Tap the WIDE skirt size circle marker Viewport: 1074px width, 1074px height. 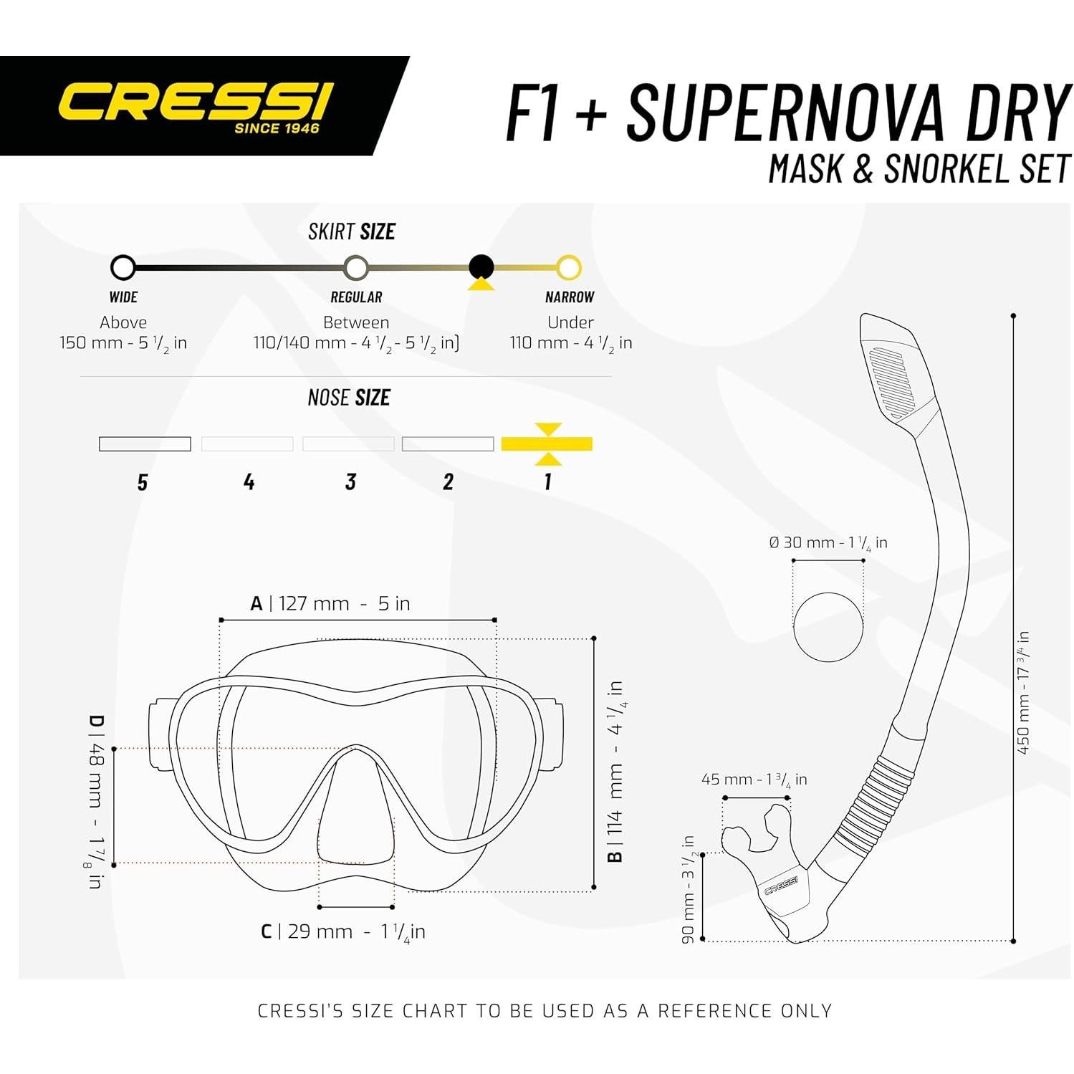(123, 268)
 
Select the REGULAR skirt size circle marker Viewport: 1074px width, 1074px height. (356, 269)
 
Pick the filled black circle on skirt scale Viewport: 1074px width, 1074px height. (481, 267)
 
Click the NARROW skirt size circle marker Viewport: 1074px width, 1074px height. (569, 268)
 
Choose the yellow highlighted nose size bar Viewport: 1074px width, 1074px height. (547, 444)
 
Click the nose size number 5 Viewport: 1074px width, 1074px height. (143, 482)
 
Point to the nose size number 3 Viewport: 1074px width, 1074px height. (350, 481)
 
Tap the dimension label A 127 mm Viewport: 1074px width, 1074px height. (330, 603)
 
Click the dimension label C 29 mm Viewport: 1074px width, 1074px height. (342, 931)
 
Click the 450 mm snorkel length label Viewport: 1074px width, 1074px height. (1023, 693)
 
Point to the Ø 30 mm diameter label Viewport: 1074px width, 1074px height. (828, 543)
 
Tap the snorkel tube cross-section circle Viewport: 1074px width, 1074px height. (828, 627)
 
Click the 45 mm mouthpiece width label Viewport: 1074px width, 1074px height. (754, 780)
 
